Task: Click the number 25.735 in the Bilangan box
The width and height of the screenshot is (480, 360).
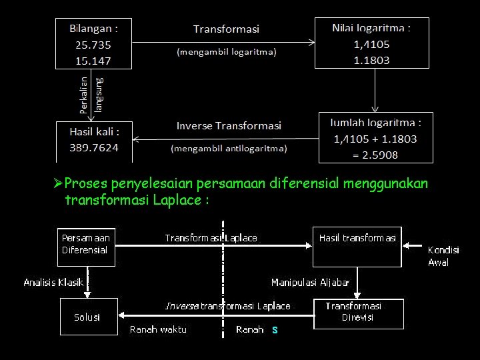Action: [x=93, y=45]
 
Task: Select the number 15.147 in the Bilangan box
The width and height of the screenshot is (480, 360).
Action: [x=93, y=60]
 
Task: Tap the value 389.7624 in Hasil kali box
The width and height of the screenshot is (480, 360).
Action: [x=94, y=147]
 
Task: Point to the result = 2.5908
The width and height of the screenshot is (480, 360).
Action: [x=375, y=155]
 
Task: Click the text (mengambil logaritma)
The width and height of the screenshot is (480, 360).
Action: [x=226, y=51]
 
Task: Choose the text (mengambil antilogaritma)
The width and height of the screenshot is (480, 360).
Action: [x=229, y=148]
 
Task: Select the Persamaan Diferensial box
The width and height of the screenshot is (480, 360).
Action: [x=86, y=244]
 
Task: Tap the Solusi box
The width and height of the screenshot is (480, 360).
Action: [x=87, y=317]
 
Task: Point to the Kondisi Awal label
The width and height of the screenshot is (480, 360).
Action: [x=443, y=256]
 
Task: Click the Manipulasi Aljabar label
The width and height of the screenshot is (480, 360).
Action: [x=310, y=283]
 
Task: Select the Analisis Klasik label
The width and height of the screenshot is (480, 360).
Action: [x=53, y=283]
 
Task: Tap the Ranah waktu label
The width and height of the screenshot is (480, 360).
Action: [x=158, y=329]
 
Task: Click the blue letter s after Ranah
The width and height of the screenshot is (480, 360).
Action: [x=275, y=329]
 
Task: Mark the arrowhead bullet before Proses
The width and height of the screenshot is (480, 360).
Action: [x=58, y=183]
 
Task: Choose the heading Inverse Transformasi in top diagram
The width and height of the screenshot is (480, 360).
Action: [x=229, y=125]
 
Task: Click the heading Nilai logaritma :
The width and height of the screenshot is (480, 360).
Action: [x=371, y=29]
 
